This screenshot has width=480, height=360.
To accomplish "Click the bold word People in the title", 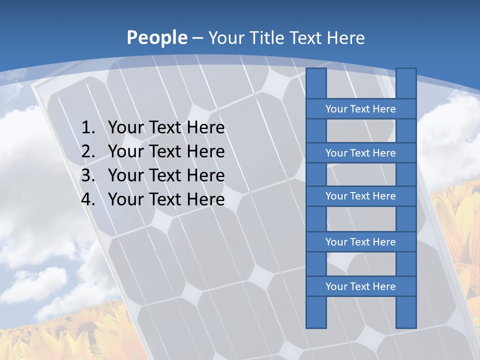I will tap(156, 37).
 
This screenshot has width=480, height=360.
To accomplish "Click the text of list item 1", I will tap(166, 128).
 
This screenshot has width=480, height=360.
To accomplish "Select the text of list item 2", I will tap(166, 151).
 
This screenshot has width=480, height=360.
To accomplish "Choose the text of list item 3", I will tap(166, 175).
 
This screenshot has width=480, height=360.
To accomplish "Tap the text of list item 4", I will tap(166, 199).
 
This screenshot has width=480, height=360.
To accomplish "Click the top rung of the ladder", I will tap(360, 109).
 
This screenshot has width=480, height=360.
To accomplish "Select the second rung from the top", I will tap(360, 153).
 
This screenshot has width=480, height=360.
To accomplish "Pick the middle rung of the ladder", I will tap(360, 196).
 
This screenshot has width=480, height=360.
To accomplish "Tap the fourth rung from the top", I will tap(360, 242).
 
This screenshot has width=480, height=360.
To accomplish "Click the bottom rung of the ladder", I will tap(360, 286).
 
